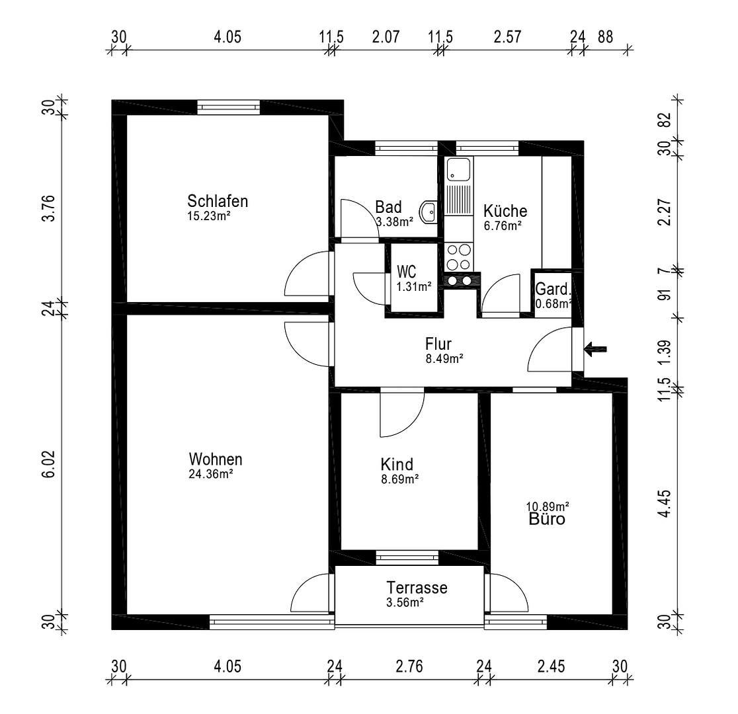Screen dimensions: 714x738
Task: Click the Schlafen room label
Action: point(218,201)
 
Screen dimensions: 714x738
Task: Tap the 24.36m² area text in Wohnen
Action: point(211,473)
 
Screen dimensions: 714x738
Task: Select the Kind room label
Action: point(397,463)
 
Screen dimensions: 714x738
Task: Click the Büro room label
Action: point(547,520)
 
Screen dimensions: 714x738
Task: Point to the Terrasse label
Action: point(417,588)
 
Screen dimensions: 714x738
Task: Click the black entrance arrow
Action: point(596,349)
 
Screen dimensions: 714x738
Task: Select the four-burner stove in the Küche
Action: point(460,257)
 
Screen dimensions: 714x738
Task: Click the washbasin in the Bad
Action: point(429,212)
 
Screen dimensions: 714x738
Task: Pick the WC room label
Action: point(406,272)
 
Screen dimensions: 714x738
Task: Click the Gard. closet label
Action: point(552,290)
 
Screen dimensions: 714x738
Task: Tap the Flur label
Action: point(438,344)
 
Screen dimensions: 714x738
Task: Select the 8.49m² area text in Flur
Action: point(444,359)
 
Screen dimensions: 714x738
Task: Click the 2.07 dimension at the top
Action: point(386,37)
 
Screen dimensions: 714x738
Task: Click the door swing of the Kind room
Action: point(399,416)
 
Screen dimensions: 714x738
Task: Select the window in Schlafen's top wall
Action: point(229,107)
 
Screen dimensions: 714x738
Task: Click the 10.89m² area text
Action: point(548,506)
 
